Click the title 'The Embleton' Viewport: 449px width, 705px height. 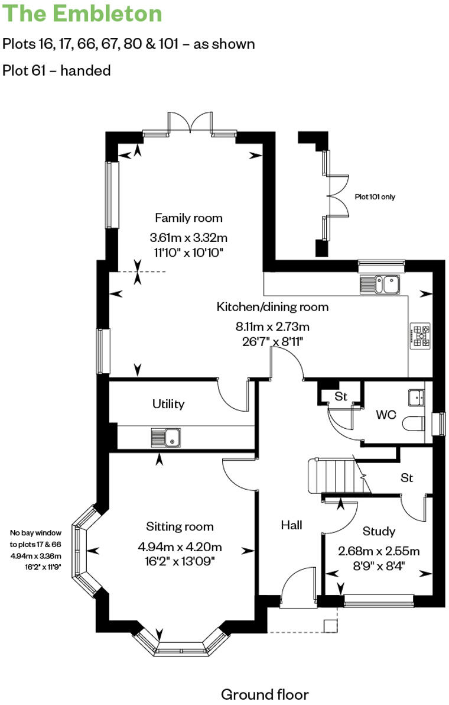pos(83,14)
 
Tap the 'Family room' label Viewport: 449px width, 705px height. pos(188,218)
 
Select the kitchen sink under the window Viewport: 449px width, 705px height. pos(380,284)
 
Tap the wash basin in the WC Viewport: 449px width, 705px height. pos(416,397)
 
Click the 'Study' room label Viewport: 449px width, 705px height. pos(379,531)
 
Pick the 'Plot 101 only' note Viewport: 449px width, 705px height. pos(375,197)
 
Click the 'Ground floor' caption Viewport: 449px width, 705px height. pos(265,694)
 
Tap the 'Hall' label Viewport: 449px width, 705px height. pos(291,525)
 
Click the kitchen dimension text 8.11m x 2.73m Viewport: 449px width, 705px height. pos(272,326)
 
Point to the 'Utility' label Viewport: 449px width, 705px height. pos(168,404)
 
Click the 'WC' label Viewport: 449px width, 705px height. pos(386,415)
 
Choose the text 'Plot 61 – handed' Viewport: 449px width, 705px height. pos(57,70)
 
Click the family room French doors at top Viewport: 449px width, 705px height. pos(191,122)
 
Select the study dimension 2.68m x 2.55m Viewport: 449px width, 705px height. pos(379,551)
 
